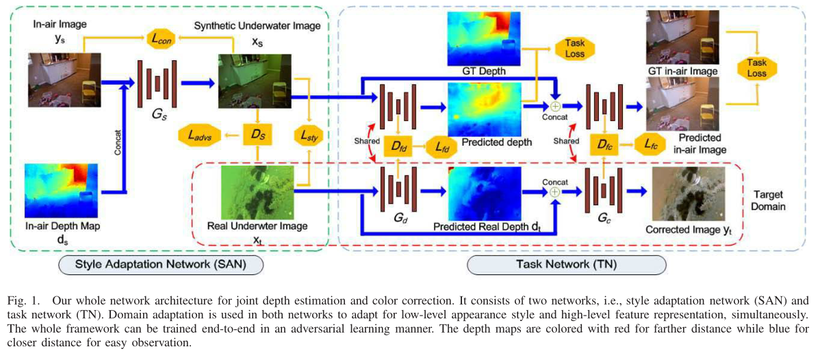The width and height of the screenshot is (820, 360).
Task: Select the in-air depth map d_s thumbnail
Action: (x=62, y=187)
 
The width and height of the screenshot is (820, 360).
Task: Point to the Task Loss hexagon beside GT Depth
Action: (x=569, y=47)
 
